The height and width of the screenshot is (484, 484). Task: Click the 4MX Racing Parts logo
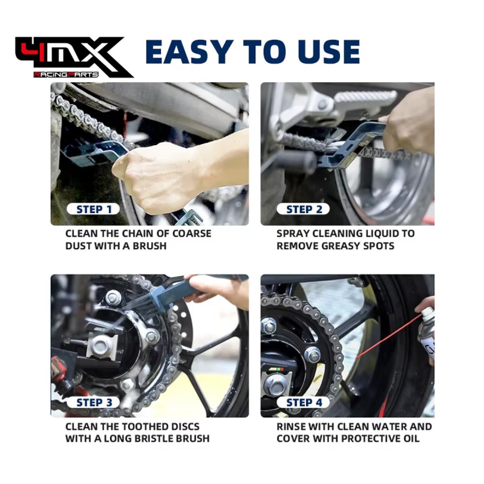(x=74, y=57)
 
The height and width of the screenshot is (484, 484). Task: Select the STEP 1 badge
(x=94, y=209)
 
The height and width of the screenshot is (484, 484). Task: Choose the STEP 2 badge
(x=303, y=209)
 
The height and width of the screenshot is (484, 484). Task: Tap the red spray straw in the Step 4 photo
(x=389, y=336)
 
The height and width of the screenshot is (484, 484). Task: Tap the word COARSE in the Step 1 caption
(x=192, y=234)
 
